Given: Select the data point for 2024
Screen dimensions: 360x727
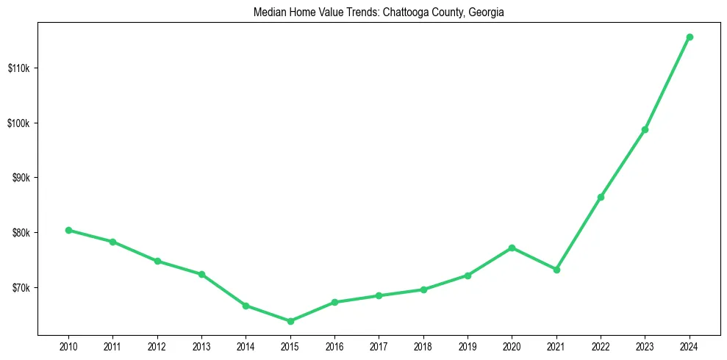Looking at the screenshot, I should point(690,37).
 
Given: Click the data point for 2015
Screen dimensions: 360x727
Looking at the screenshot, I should point(290,321).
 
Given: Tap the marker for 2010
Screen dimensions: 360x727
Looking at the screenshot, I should point(68,230).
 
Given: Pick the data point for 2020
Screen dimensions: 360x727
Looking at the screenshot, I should point(512,248).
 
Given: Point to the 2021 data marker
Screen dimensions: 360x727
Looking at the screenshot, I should point(556,270).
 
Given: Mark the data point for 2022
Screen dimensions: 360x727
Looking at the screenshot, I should point(601,197).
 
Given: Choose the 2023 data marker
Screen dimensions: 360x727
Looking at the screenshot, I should point(645,129).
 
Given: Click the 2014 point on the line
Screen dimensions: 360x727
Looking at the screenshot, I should point(246,306).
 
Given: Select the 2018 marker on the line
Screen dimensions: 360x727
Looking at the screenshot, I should point(423,289).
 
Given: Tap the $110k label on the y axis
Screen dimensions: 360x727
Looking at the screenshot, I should point(18,68).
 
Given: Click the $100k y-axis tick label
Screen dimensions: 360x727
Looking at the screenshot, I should point(18,123).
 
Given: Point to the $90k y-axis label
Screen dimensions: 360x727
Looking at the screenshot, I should point(20,178).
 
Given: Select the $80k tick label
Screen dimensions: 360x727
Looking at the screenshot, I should point(20,233).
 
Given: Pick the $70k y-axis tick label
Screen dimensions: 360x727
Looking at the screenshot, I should point(20,287).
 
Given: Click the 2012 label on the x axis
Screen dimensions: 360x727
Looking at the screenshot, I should point(157,345).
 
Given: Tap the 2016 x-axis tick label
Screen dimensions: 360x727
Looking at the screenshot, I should point(334,345).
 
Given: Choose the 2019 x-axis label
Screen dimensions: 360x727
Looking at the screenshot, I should point(468,345).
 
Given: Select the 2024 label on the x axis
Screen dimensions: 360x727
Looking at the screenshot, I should point(690,345).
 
